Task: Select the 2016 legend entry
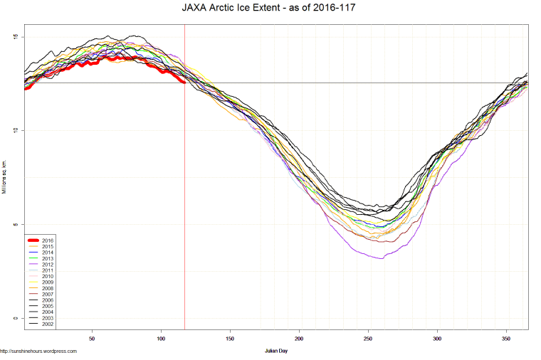tap(48, 240)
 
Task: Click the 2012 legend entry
tap(48, 265)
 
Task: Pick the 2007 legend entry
tap(48, 295)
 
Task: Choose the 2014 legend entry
tap(48, 253)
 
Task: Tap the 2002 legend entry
tap(48, 324)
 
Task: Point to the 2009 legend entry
tap(48, 282)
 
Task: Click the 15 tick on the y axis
tap(16, 37)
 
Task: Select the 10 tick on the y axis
tap(16, 131)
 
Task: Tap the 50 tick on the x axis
tap(92, 339)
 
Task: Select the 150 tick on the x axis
tap(230, 339)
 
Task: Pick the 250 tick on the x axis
tap(368, 339)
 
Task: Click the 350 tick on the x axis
tap(506, 339)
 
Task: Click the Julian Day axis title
tap(275, 351)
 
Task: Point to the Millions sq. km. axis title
tap(6, 177)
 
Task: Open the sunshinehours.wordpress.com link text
tap(38, 351)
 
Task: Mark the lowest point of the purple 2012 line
tap(382, 258)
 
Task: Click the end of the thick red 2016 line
tap(184, 83)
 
